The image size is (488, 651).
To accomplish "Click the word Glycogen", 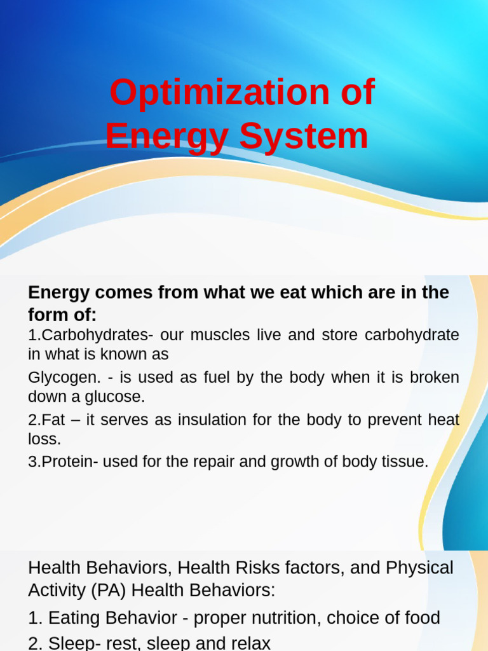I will [x=64, y=378].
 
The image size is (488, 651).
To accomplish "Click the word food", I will [x=419, y=618].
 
